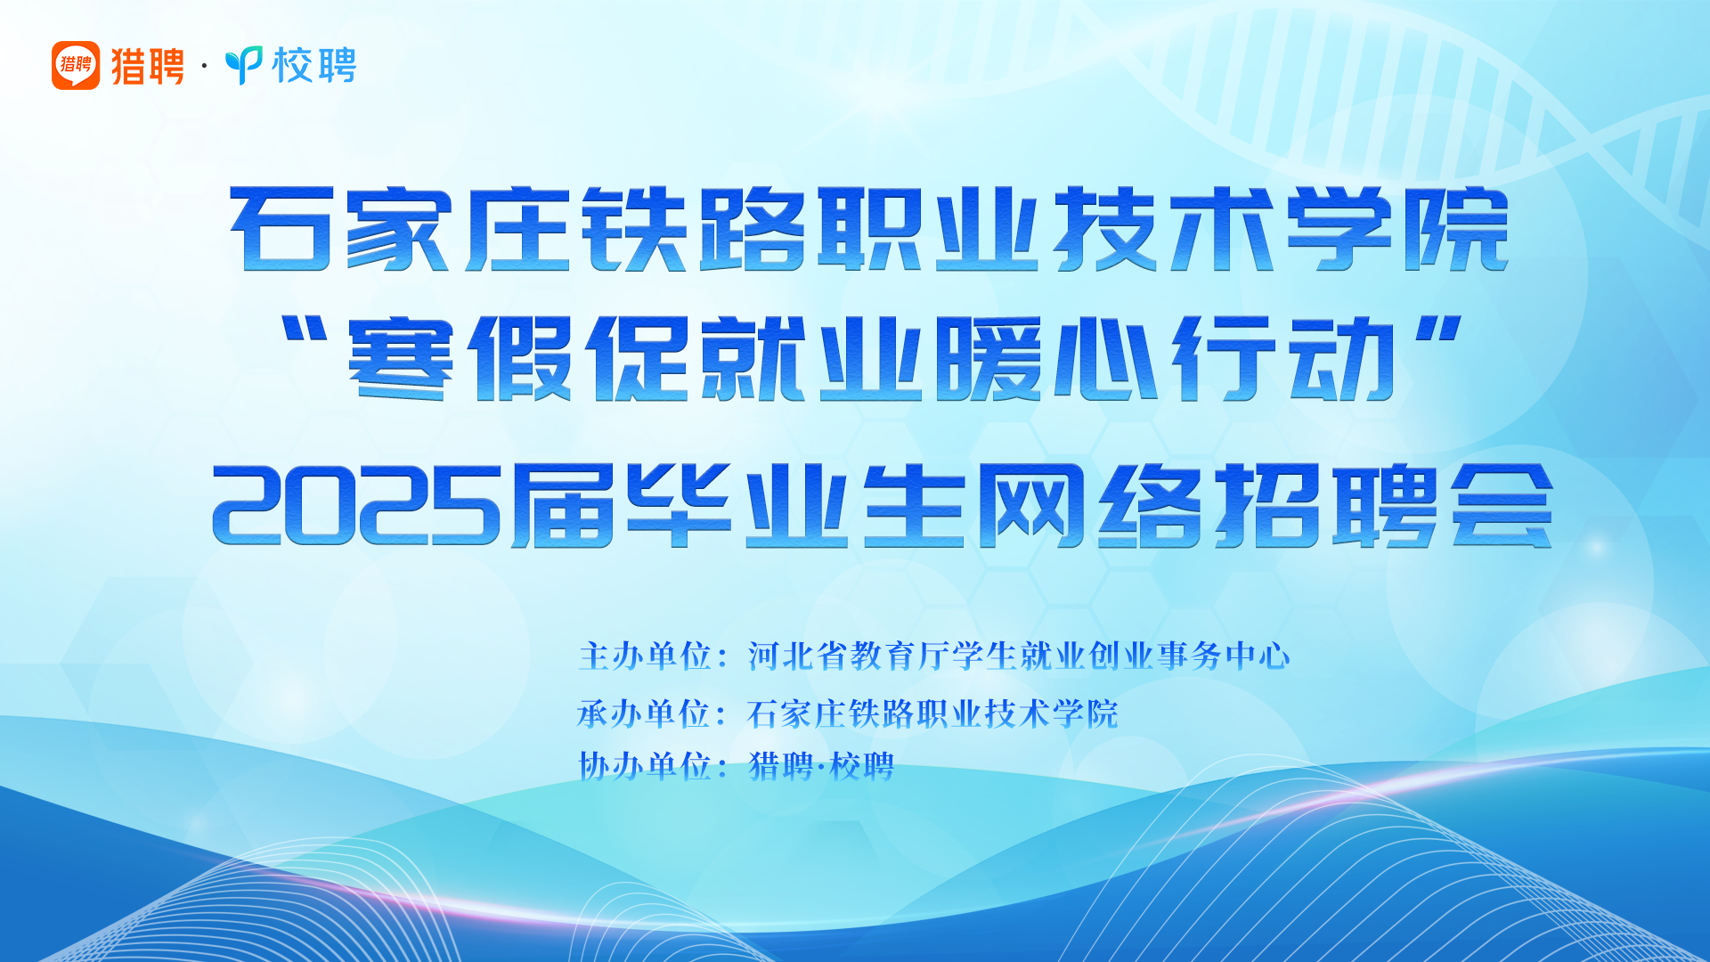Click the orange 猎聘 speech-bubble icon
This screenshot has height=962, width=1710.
[76, 65]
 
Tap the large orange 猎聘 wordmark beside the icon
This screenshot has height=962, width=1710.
[147, 66]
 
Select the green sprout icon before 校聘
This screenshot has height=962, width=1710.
[243, 65]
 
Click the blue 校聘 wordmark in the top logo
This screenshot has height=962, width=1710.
[314, 65]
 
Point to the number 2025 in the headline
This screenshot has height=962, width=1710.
[356, 505]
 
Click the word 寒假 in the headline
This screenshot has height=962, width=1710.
[459, 358]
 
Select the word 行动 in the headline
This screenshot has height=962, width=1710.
[1283, 358]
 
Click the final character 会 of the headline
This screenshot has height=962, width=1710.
[1502, 505]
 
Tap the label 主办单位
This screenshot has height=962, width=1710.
[645, 656]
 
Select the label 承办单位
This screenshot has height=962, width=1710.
[644, 713]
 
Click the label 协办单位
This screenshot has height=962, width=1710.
[645, 766]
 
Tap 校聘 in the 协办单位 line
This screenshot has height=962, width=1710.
[861, 766]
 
